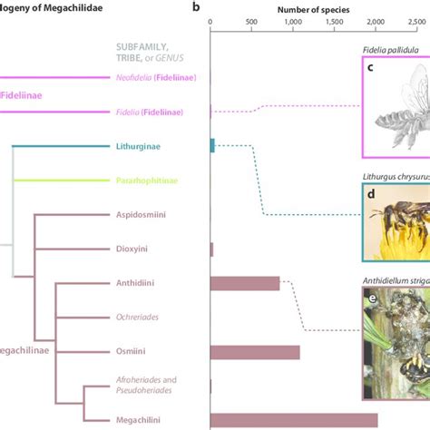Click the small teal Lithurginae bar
212,145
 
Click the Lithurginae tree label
139,145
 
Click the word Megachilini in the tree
140,420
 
